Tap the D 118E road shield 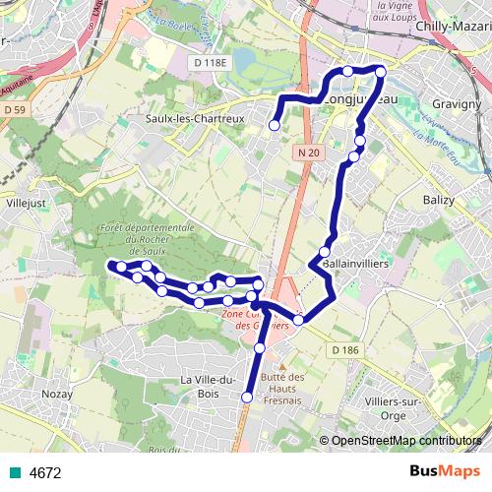pos(208,62)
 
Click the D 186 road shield pos(344,350)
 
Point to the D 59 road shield pos(14,111)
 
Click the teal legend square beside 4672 pos(11,472)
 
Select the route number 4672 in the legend pos(45,472)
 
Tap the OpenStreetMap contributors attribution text pos(405,441)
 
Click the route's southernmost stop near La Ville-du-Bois pos(246,398)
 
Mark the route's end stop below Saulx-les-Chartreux pos(274,125)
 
